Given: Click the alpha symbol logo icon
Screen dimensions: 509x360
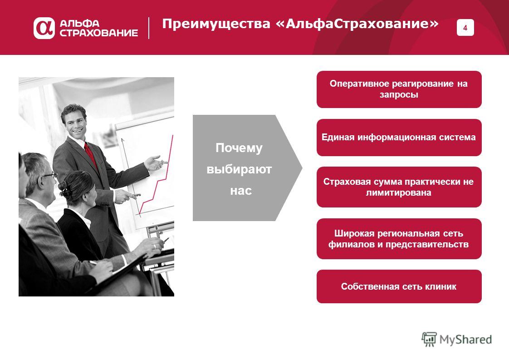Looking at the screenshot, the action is click(44, 28).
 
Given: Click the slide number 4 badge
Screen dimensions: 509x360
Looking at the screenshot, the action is click(465, 28).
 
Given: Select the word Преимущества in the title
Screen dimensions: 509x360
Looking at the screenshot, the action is click(216, 24).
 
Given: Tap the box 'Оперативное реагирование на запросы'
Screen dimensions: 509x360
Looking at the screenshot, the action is click(399, 89).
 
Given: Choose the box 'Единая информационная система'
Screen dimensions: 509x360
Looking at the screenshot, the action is click(399, 138).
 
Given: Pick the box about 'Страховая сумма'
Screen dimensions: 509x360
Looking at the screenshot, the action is click(399, 187).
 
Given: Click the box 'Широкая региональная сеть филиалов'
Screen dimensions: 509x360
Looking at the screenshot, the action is click(399, 239).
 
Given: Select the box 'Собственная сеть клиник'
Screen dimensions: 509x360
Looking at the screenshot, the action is click(399, 286).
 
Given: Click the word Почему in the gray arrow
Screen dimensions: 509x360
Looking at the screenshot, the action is click(239, 148).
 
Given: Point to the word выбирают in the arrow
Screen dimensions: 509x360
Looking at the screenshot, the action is click(239, 169).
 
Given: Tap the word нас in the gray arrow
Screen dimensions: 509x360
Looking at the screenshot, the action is click(241, 191).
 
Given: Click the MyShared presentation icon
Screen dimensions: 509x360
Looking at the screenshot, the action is click(429, 339).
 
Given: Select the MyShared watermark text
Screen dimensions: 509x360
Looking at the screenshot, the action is click(465, 340).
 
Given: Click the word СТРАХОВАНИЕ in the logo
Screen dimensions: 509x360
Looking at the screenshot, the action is click(99, 33).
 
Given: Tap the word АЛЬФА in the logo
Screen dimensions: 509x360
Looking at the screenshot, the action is click(79, 24).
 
